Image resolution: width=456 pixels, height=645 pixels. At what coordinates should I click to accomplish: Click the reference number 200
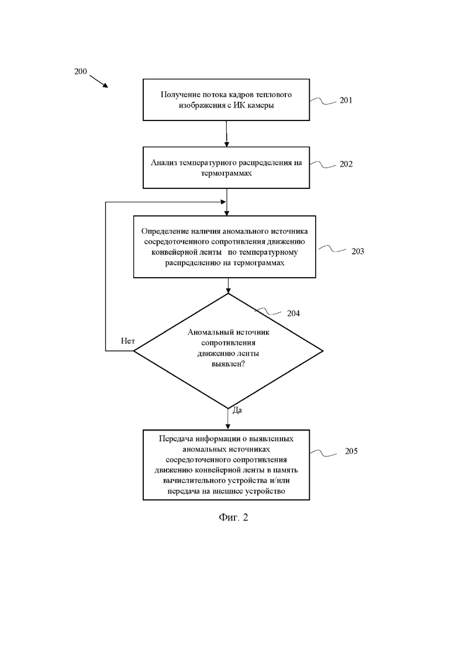[81, 71]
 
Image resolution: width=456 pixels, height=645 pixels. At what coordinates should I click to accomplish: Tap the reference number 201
[346, 101]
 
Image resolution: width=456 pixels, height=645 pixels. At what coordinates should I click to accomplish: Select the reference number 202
[346, 164]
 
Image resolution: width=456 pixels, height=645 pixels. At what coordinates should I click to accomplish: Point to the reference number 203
[357, 251]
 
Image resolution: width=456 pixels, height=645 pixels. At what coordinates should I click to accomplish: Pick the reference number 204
[293, 313]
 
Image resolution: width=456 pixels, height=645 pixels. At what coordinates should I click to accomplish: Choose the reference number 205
[351, 451]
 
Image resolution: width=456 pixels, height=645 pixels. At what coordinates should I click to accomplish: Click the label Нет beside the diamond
[128, 341]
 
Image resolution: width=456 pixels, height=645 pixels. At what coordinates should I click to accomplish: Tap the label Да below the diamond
[237, 410]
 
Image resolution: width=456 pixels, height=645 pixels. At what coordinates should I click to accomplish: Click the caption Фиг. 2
[233, 517]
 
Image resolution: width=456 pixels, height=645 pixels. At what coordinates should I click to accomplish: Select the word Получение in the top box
[180, 95]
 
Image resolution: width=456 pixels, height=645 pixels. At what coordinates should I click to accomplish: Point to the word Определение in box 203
[165, 231]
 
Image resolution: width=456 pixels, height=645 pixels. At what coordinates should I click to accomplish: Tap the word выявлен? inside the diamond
[228, 364]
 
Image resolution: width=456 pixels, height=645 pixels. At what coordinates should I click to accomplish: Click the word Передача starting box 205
[176, 439]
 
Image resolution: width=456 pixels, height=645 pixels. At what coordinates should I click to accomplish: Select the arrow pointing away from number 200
[99, 81]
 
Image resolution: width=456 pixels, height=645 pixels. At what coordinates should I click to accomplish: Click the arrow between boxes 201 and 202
[227, 134]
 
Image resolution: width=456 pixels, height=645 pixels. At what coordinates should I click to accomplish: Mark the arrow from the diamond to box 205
[228, 419]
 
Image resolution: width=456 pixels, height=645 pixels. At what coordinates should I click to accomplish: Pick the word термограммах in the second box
[226, 173]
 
